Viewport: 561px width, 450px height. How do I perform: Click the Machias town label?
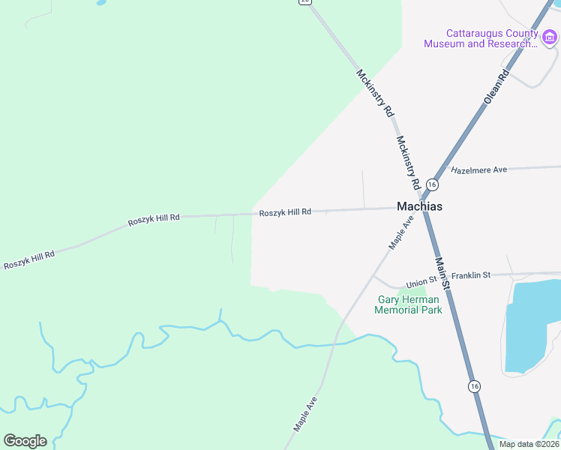(x=419, y=207)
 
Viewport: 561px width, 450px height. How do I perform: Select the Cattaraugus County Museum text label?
(x=481, y=38)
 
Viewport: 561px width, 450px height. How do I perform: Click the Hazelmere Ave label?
(x=479, y=170)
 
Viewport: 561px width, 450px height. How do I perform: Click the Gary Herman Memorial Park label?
(x=408, y=304)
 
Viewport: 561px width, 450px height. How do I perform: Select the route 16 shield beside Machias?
(x=432, y=184)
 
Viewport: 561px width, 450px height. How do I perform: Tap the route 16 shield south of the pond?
(x=474, y=386)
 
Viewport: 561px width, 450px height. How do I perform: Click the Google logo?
(x=25, y=440)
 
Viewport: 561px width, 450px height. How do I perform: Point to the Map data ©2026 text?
(x=529, y=444)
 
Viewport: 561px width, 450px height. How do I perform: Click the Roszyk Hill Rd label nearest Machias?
(x=285, y=213)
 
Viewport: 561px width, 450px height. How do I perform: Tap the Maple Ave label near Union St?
(x=401, y=232)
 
